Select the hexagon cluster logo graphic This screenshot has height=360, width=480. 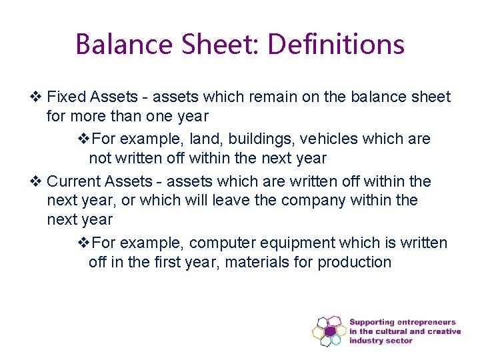329,331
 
